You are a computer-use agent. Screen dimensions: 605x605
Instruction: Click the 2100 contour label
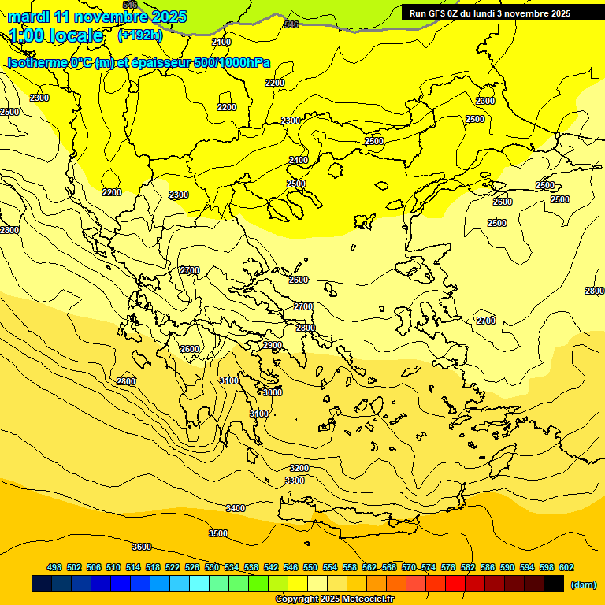(x=221, y=42)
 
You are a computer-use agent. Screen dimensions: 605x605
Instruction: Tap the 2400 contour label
(x=299, y=160)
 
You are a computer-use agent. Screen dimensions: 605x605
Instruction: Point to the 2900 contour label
(x=273, y=345)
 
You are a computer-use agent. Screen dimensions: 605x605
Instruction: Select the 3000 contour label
(x=273, y=392)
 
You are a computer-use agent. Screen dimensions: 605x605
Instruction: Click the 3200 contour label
(x=299, y=468)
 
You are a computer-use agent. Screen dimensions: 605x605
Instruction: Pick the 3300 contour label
(x=295, y=481)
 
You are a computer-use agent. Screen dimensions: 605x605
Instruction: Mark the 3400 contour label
(x=236, y=508)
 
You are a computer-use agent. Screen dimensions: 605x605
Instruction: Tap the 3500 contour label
(x=218, y=533)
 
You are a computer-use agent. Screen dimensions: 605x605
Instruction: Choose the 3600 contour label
(x=142, y=547)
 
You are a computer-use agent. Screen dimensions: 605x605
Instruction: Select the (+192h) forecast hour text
(x=139, y=35)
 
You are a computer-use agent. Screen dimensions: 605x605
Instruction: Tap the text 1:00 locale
(x=56, y=35)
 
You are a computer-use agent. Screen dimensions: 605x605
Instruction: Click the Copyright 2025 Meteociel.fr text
(x=334, y=599)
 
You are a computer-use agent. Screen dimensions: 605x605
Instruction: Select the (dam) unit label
(x=582, y=584)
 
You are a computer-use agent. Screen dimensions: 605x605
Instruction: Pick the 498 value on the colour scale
(x=54, y=567)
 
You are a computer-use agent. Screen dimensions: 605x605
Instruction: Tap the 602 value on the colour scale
(x=566, y=567)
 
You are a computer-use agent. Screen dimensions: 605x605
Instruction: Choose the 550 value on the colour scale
(x=310, y=567)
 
